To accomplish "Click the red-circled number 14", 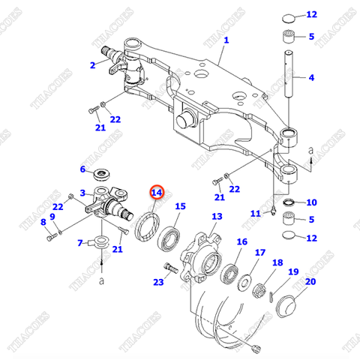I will (156, 193).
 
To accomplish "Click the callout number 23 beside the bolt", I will (157, 282).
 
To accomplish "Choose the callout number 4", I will (312, 77).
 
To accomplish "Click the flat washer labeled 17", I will (244, 284).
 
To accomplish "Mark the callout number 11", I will (255, 214).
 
